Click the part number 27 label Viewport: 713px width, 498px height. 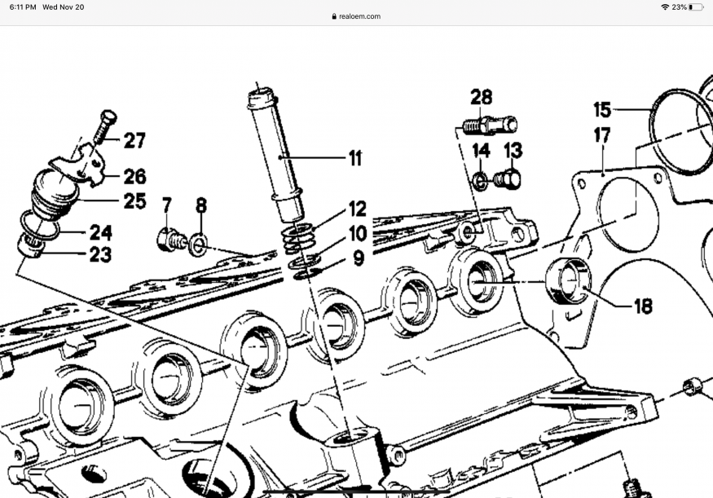134,141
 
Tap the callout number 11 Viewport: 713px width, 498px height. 354,158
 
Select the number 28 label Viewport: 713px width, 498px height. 482,98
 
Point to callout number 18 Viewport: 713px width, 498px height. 643,306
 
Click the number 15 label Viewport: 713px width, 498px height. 602,109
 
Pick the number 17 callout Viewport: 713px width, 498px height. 602,135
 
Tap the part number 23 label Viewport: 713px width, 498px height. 100,255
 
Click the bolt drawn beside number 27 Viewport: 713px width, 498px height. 104,127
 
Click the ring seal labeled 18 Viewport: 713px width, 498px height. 568,280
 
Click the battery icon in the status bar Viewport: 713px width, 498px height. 694,7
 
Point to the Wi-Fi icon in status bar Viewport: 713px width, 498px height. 665,7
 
